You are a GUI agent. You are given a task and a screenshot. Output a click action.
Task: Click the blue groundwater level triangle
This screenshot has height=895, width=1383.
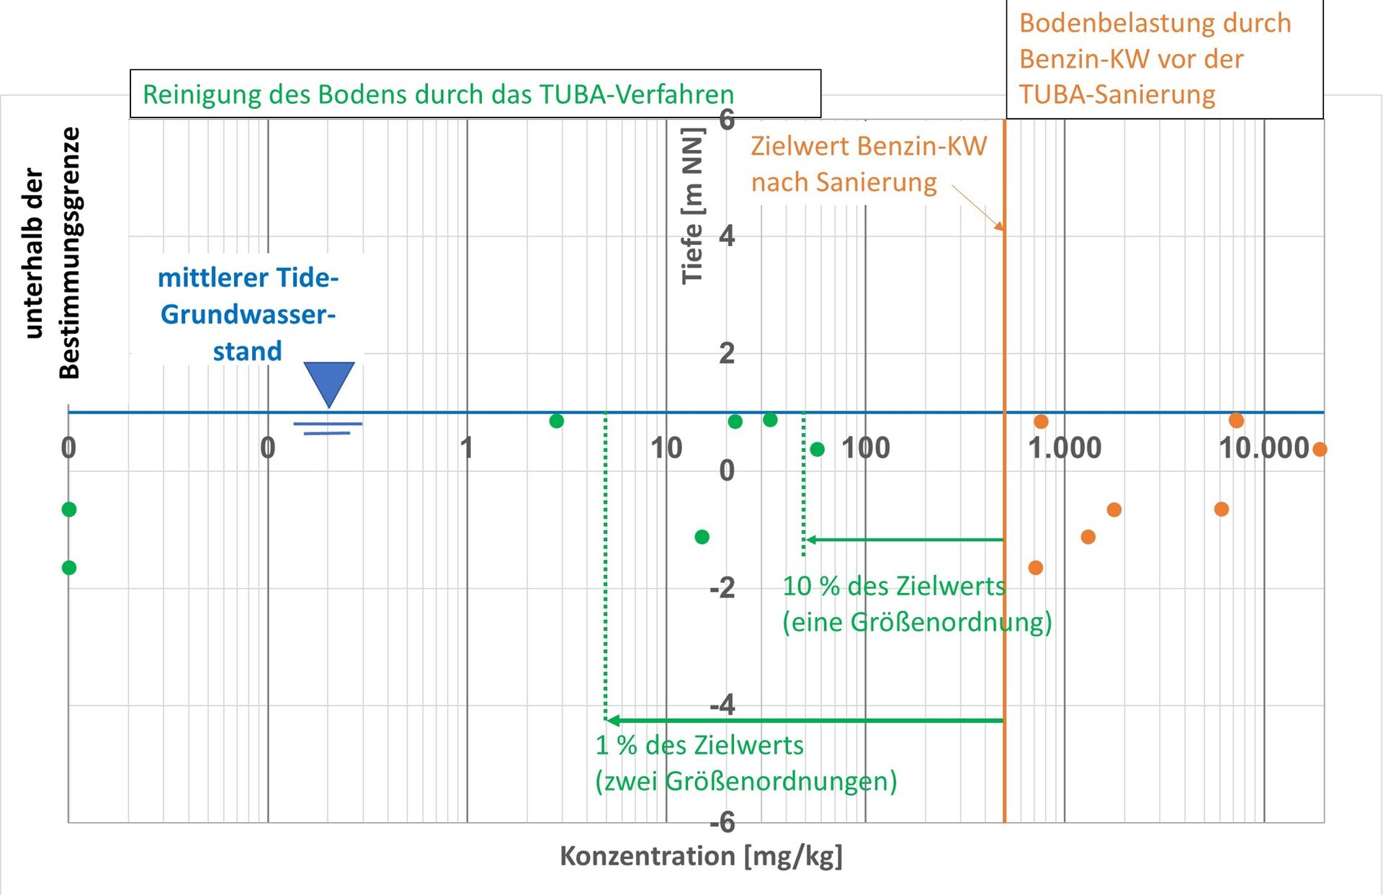point(329,382)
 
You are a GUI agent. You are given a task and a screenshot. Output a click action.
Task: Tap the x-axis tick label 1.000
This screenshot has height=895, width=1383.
point(1065,448)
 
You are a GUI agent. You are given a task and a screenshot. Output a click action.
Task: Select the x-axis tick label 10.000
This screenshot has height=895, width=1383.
point(1263,448)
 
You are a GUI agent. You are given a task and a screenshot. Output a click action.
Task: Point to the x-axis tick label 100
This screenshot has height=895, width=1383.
point(866,448)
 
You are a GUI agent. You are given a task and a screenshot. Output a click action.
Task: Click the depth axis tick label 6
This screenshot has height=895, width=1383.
point(727,120)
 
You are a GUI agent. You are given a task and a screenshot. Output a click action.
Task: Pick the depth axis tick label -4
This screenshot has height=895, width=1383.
point(722,705)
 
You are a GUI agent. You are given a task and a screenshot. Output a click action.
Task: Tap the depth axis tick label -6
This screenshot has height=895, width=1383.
point(722,822)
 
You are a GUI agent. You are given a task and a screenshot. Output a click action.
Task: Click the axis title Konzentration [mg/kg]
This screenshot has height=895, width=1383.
point(701,856)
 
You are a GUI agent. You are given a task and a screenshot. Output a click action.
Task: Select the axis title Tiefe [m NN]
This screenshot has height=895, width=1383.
point(692,206)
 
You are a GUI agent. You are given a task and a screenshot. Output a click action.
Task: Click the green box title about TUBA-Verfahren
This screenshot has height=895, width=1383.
point(438,94)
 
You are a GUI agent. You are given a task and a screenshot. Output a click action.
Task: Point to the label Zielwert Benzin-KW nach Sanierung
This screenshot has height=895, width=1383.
point(868,164)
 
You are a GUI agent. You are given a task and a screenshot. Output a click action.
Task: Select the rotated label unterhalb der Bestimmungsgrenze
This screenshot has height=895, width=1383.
point(52,252)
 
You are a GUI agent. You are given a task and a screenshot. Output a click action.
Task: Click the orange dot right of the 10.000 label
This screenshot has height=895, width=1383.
point(1320,450)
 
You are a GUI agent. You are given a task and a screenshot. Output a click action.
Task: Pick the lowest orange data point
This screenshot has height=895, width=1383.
point(1036,568)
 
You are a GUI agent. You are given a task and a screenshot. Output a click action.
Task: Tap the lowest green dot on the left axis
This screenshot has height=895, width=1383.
point(69,568)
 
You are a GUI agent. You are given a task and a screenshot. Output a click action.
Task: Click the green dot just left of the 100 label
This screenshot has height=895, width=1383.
point(817,450)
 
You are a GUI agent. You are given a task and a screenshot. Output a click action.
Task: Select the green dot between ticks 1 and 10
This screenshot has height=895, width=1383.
point(556,421)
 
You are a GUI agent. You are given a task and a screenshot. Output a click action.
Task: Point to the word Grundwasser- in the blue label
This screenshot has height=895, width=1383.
point(248,315)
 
